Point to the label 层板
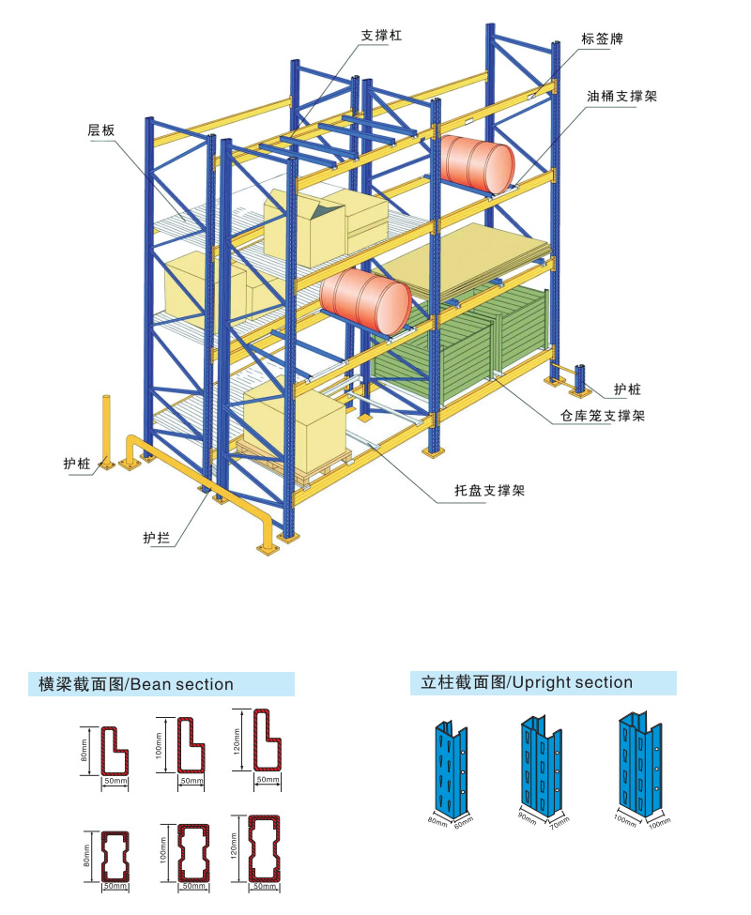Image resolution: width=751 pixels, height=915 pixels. click(x=101, y=130)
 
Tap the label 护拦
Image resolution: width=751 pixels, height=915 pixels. click(x=156, y=538)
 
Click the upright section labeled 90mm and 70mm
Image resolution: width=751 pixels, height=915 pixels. click(x=543, y=765)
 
